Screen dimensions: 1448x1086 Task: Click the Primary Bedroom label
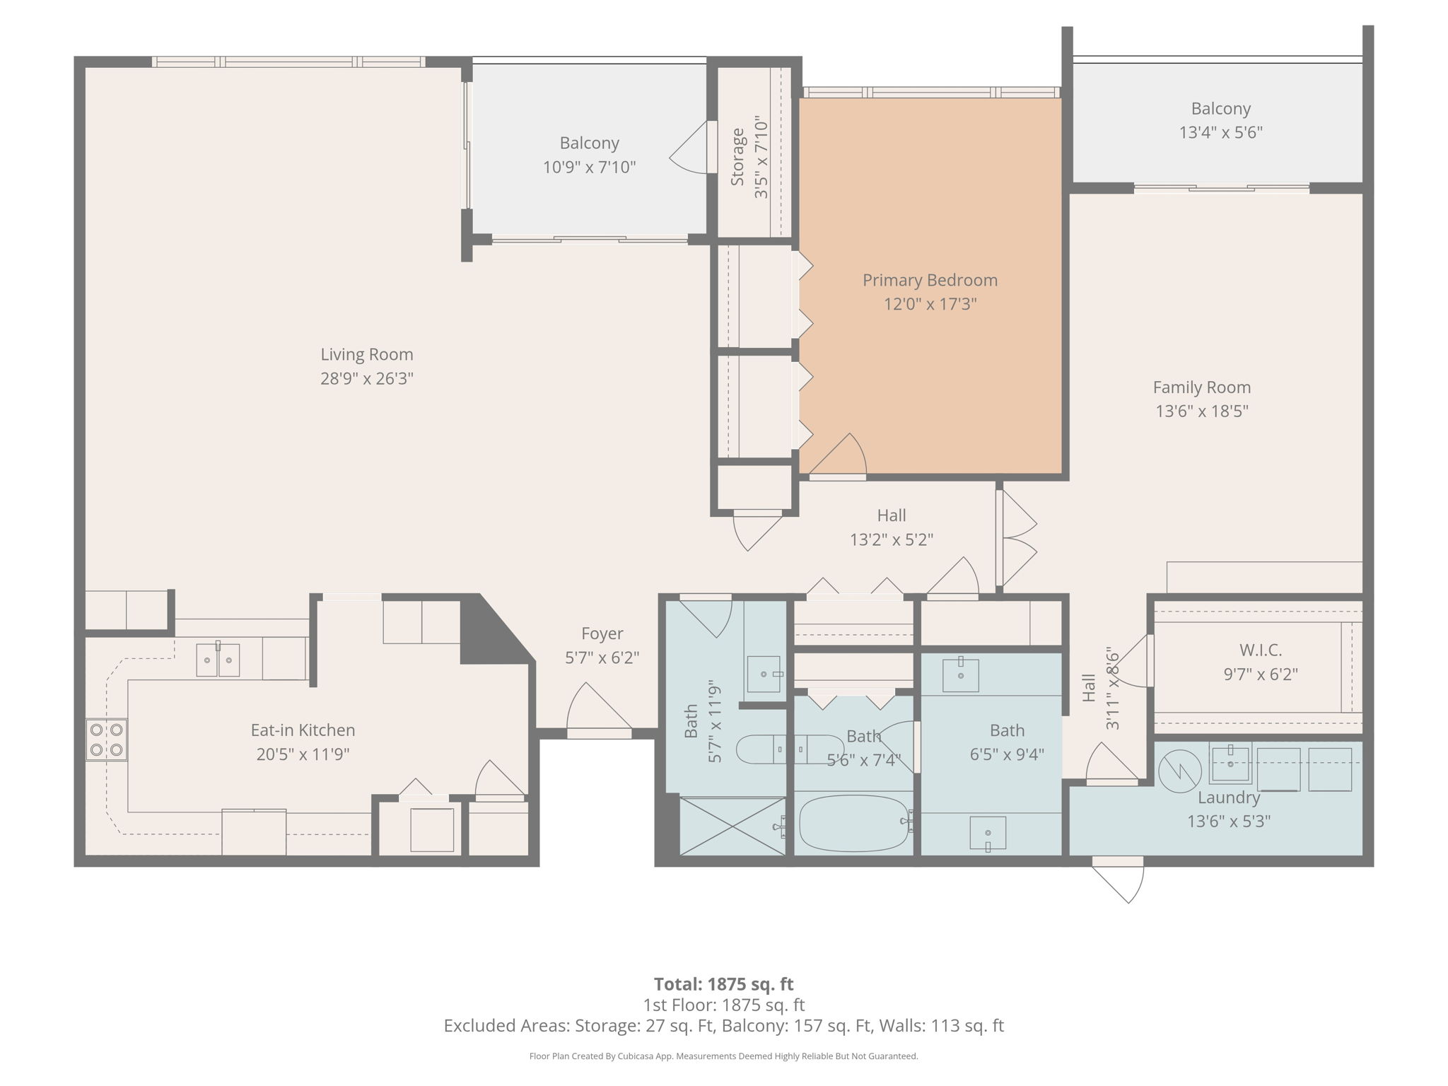point(930,280)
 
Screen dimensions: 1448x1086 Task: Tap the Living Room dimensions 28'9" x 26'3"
point(366,378)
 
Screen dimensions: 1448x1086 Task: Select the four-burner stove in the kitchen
point(107,740)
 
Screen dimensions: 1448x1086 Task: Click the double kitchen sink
point(218,660)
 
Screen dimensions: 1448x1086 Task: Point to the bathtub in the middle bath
point(853,824)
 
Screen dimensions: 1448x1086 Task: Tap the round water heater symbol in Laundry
point(1179,771)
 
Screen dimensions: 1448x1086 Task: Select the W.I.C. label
point(1260,650)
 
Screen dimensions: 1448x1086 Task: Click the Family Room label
point(1201,387)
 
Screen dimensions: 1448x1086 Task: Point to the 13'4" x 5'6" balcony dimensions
point(1220,132)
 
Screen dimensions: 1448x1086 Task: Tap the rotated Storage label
point(737,157)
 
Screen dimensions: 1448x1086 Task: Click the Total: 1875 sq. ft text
point(723,984)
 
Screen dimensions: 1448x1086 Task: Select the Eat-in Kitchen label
point(303,730)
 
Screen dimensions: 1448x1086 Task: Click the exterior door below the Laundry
point(1119,880)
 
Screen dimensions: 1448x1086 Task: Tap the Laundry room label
point(1228,798)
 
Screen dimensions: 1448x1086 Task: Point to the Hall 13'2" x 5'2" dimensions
point(891,539)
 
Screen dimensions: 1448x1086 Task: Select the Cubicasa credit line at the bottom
point(723,1056)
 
